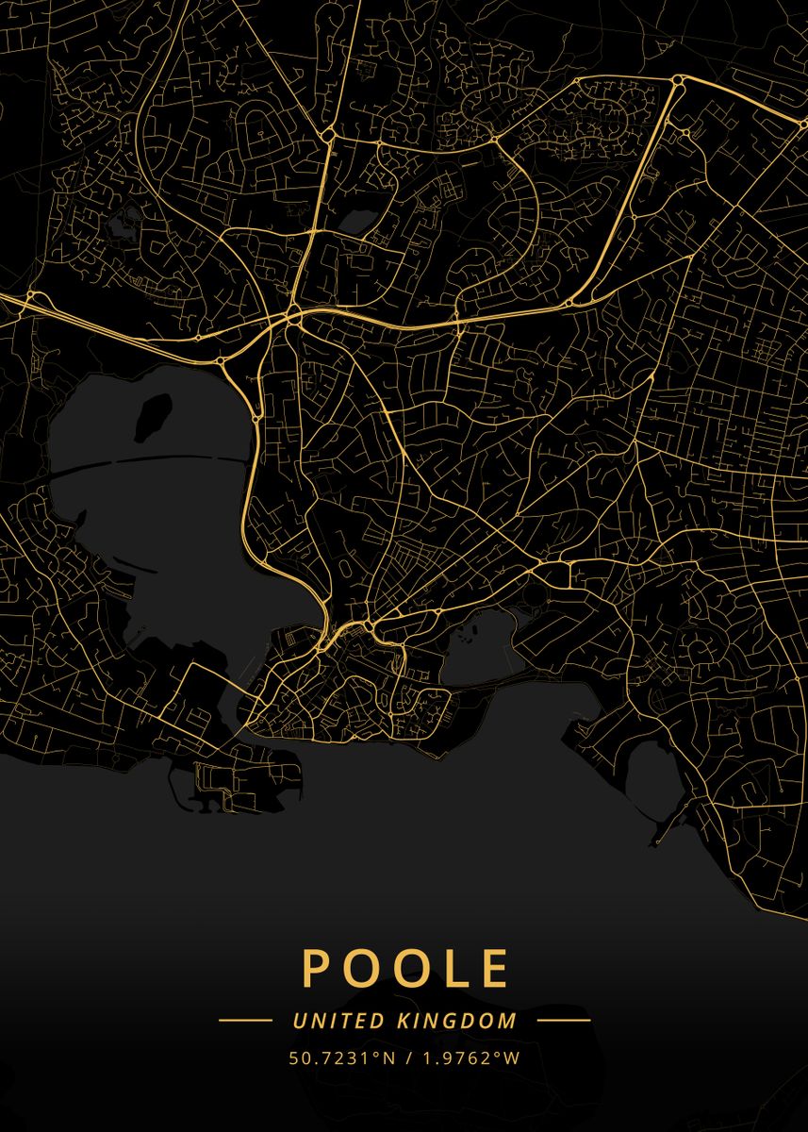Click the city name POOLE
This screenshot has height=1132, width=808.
[405, 968]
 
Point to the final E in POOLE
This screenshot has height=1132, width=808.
[494, 968]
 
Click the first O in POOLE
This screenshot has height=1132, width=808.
[359, 968]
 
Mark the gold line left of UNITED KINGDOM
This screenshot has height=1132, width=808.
[245, 1021]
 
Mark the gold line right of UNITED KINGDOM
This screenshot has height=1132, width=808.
[564, 1021]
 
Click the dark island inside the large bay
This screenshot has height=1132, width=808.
[153, 417]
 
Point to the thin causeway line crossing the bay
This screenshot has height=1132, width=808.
[151, 462]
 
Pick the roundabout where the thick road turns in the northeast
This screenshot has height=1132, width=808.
[676, 86]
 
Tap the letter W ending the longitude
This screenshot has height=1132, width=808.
[512, 1057]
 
